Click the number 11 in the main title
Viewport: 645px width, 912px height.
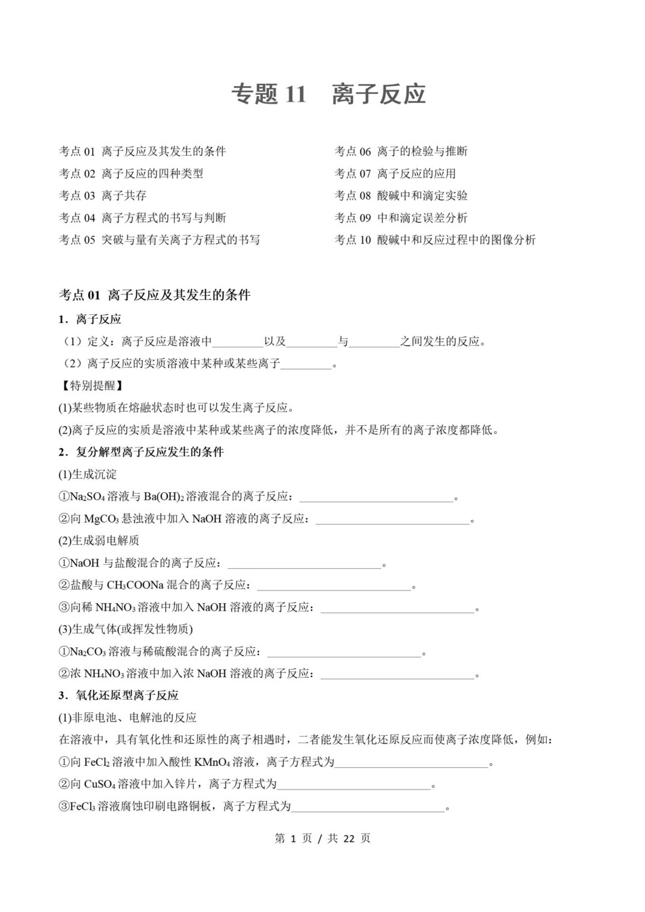[296, 94]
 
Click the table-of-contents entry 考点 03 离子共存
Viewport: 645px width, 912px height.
[102, 196]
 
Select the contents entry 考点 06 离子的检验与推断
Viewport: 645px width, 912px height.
[400, 151]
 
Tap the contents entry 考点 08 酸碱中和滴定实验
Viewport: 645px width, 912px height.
[400, 196]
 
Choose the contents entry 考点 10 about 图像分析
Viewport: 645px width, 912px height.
[434, 240]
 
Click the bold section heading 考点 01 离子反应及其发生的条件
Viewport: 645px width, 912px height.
[154, 295]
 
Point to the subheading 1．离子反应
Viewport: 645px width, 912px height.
[89, 319]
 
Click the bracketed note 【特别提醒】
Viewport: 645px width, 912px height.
[91, 385]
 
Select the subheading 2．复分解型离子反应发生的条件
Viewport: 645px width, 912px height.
[141, 452]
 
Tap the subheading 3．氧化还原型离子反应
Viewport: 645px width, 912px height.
[119, 695]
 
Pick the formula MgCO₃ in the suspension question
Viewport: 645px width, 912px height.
[102, 519]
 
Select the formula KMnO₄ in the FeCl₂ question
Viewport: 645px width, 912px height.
[211, 762]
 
